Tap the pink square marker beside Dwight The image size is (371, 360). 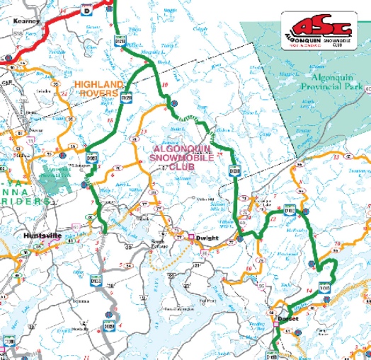[190, 238]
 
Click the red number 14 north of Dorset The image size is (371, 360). [309, 291]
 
